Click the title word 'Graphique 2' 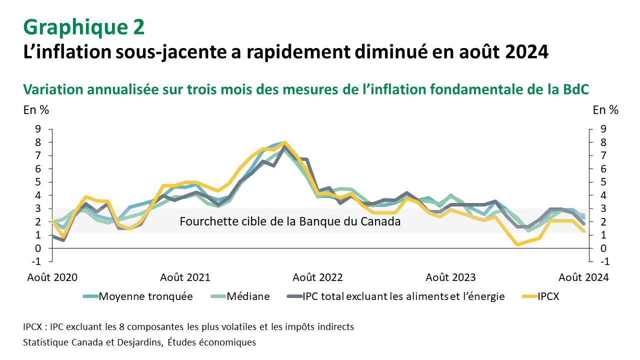coord(84,27)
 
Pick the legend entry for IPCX coord(548,296)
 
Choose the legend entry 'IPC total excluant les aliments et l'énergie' coord(403,296)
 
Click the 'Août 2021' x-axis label coord(185,277)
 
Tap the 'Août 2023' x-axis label coord(450,277)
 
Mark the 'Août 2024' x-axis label coord(583,277)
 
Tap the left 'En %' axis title coord(36,110)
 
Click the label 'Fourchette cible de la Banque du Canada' coord(290,221)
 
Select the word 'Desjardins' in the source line coord(137,342)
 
